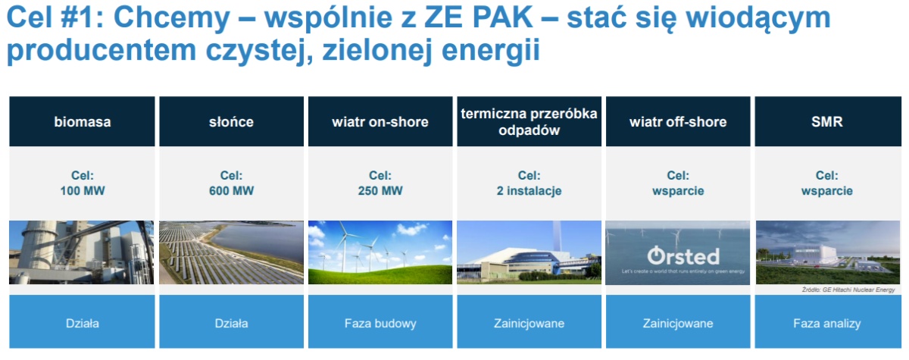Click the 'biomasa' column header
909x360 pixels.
click(82, 121)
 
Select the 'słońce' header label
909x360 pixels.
click(231, 121)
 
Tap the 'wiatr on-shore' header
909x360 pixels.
click(380, 121)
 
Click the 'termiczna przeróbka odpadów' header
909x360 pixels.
click(529, 121)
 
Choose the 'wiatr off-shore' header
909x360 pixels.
click(678, 121)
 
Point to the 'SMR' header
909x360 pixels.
click(828, 121)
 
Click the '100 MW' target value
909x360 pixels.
click(83, 191)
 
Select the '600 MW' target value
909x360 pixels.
click(231, 191)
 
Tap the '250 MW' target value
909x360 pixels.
click(380, 191)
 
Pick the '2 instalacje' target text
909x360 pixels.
click(529, 191)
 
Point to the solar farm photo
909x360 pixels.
click(231, 252)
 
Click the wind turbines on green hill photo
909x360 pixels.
click(380, 252)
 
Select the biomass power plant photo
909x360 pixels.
click(82, 252)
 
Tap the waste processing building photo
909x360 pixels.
click(529, 252)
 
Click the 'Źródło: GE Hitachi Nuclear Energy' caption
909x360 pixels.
click(848, 290)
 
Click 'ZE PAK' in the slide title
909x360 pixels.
click(479, 17)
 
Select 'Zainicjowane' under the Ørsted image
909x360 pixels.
click(678, 324)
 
